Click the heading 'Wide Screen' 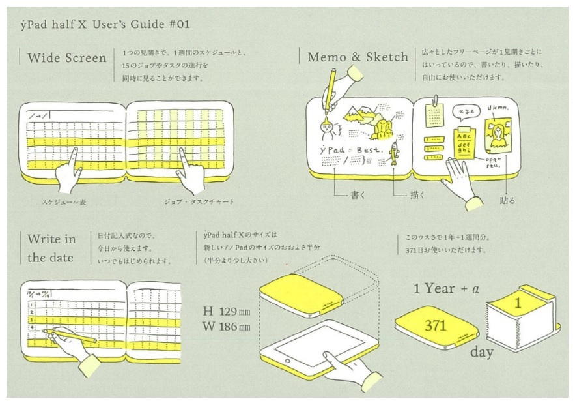tap(66, 58)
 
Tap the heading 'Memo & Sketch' tap(358, 57)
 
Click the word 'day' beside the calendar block tap(482, 353)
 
